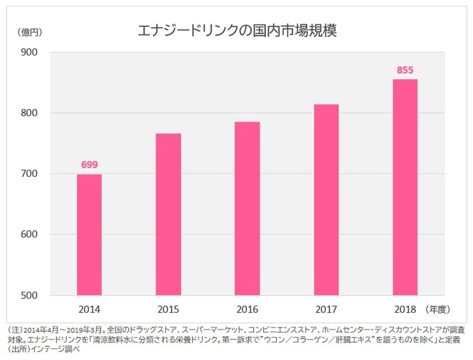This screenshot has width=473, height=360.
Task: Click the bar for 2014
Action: pyautogui.click(x=89, y=235)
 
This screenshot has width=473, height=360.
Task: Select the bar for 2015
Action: pyautogui.click(x=169, y=214)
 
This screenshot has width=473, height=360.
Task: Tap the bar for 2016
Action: pyautogui.click(x=247, y=208)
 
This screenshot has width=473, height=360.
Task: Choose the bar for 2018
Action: pyautogui.click(x=405, y=187)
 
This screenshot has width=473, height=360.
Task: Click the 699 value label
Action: pyautogui.click(x=89, y=165)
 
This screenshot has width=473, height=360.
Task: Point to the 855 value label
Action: pyautogui.click(x=405, y=70)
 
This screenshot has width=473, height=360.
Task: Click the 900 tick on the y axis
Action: pyautogui.click(x=30, y=52)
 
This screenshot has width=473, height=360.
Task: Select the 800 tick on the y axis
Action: pyautogui.click(x=30, y=113)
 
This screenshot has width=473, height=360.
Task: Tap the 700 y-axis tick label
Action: pyautogui.click(x=30, y=174)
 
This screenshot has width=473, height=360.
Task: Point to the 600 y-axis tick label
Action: pyautogui.click(x=30, y=234)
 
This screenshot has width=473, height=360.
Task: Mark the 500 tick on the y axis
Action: pyautogui.click(x=30, y=295)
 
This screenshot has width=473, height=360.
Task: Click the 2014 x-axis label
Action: pyautogui.click(x=89, y=310)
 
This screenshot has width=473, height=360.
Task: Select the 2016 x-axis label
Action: pyautogui.click(x=247, y=310)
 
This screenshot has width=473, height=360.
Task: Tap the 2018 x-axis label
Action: pyautogui.click(x=405, y=310)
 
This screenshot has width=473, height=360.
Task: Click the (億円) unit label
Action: pyautogui.click(x=29, y=33)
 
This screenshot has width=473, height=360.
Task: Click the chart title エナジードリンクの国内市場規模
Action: pyautogui.click(x=236, y=31)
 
